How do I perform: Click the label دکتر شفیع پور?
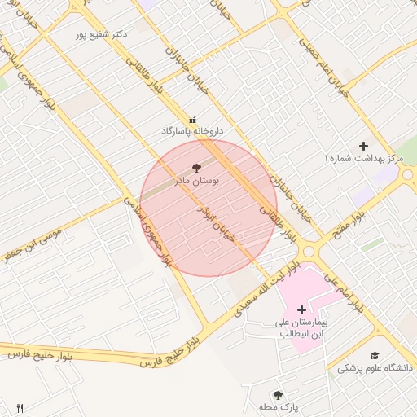(102, 34)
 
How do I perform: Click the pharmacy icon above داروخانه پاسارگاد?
(192, 119)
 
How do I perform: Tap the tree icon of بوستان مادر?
(195, 167)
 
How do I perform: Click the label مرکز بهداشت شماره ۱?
(364, 156)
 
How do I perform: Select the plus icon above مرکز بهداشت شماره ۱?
(363, 145)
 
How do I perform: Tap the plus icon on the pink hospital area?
(302, 309)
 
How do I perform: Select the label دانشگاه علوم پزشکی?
(375, 368)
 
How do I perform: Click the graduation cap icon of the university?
(375, 356)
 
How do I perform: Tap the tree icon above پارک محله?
(279, 394)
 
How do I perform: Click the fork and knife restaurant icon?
(20, 407)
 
